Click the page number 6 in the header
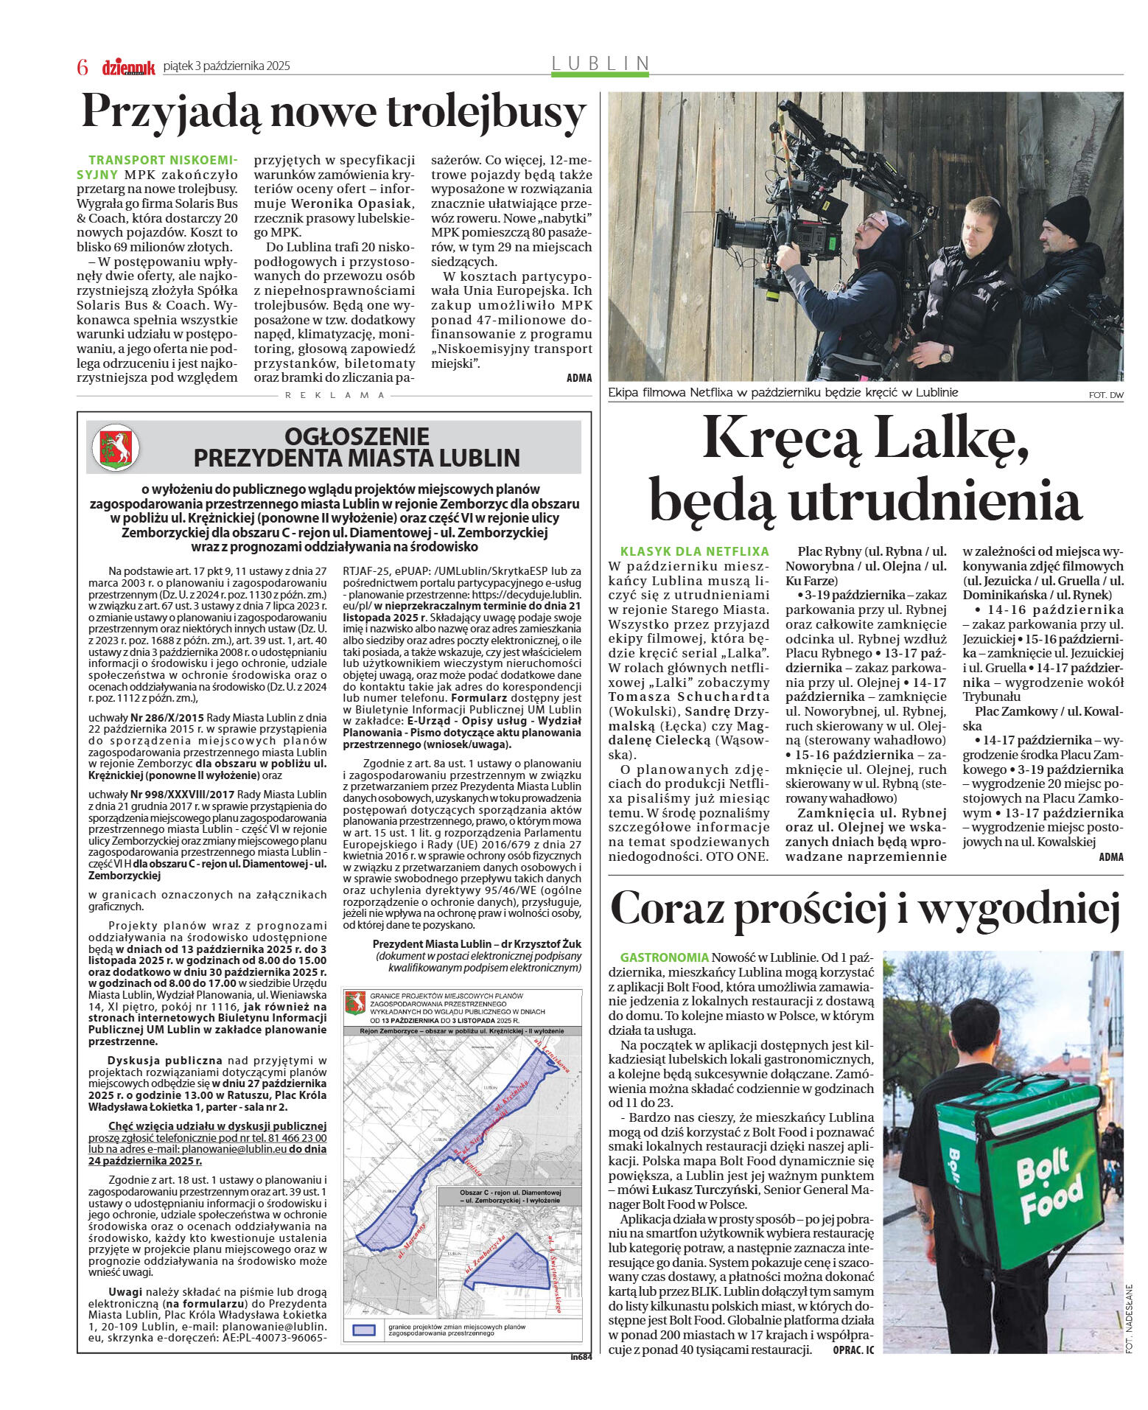[83, 67]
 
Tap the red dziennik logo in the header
[128, 67]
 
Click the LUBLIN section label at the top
[601, 63]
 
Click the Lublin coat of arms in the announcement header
[115, 447]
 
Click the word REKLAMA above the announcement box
[335, 395]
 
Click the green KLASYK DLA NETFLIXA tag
[694, 551]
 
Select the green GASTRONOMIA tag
[664, 957]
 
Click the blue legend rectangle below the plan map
[364, 1330]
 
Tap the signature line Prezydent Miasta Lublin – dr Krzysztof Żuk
[477, 944]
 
